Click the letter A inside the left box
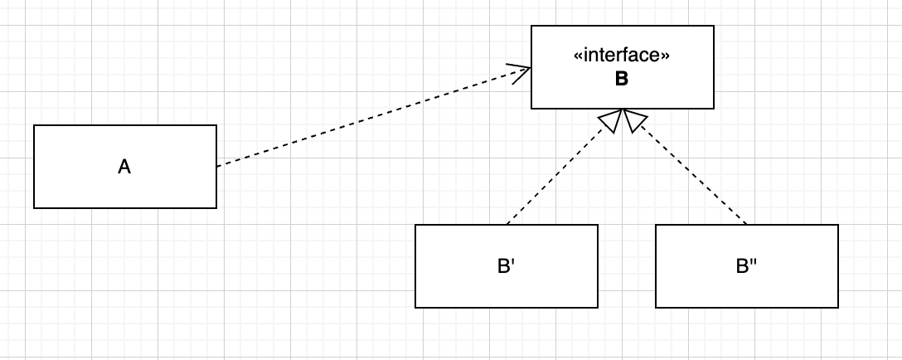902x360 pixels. (124, 167)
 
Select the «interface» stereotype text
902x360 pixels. (622, 56)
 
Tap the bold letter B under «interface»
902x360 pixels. (622, 80)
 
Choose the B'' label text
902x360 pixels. (746, 266)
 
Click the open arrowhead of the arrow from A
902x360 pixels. (522, 71)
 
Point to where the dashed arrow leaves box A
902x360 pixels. (217, 166)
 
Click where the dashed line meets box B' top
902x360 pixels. (507, 224)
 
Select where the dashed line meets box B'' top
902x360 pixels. (747, 224)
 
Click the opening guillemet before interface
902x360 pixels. (578, 57)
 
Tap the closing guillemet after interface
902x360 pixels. (666, 57)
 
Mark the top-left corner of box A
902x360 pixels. (34, 125)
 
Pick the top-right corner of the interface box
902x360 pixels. (714, 26)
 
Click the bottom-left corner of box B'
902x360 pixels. (415, 307)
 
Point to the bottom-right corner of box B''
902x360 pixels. (838, 307)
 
